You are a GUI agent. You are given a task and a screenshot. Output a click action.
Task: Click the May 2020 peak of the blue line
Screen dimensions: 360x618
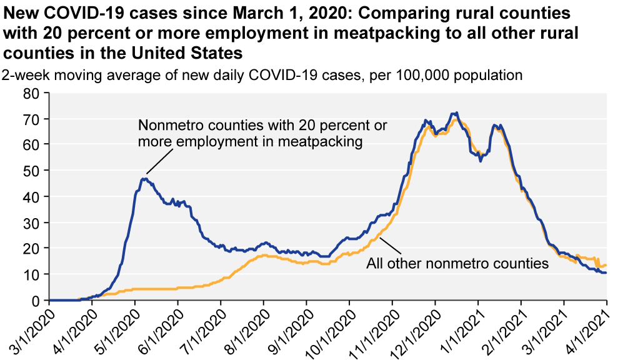(x=144, y=179)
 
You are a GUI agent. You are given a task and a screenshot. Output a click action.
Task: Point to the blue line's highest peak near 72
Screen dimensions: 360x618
(x=457, y=113)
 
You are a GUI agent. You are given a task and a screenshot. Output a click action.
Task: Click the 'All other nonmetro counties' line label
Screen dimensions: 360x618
(x=457, y=263)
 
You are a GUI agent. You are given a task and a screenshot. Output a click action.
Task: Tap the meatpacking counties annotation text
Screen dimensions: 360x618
(x=262, y=133)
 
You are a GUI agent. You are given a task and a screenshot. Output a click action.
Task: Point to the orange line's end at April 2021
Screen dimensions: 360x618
(x=606, y=266)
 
